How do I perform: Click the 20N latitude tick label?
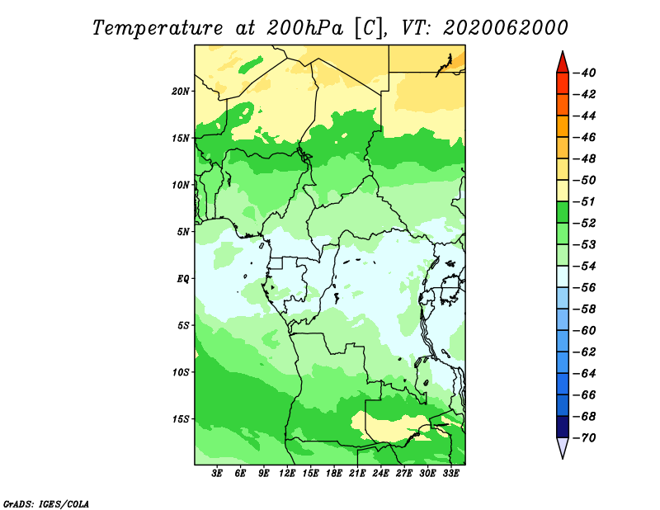[181, 92]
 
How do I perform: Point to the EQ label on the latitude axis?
[183, 279]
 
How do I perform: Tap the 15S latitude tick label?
[181, 419]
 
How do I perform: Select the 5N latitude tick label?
[183, 232]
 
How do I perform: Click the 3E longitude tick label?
[217, 474]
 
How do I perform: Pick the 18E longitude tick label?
[334, 474]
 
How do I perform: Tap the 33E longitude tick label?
[450, 474]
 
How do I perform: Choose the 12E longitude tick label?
[287, 474]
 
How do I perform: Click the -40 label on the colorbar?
[585, 73]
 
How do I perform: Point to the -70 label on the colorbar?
[585, 438]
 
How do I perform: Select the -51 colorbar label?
[585, 201]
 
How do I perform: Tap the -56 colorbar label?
[585, 288]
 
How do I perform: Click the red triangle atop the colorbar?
[563, 64]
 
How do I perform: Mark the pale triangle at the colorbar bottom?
[563, 446]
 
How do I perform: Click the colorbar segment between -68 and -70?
[563, 427]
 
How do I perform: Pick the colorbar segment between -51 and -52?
[563, 212]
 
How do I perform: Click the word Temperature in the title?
[158, 28]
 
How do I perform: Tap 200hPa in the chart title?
[304, 28]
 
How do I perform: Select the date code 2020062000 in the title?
[505, 28]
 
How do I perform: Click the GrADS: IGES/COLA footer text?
[46, 503]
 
